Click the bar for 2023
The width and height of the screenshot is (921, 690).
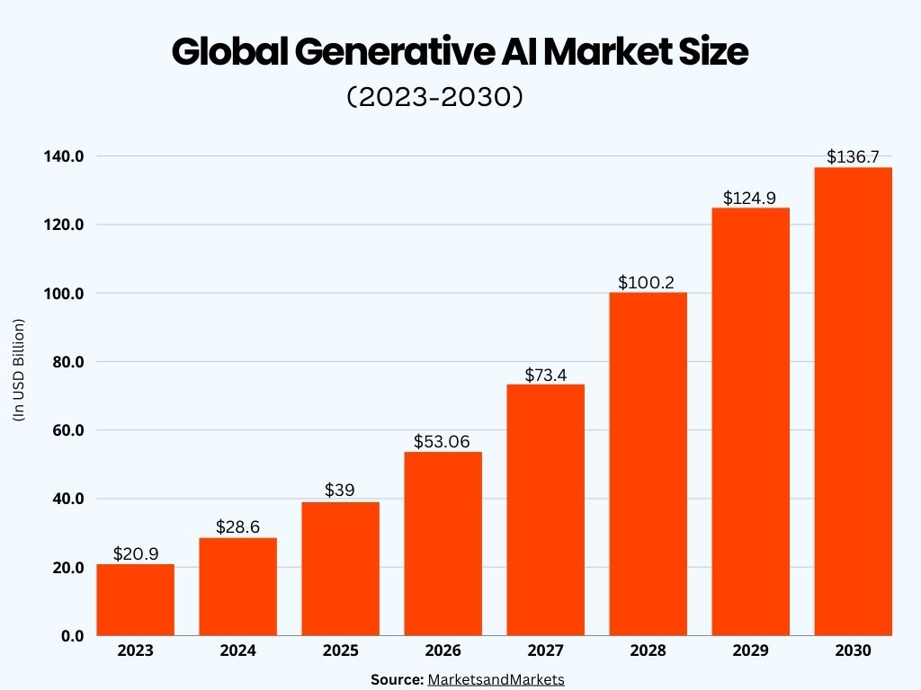pos(135,599)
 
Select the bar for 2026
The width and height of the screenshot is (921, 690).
pos(443,544)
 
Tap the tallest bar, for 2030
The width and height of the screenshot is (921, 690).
pos(853,401)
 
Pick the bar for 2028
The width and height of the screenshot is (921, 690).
pos(648,464)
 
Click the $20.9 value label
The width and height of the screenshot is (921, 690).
pos(136,554)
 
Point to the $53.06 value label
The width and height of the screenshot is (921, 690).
pos(443,441)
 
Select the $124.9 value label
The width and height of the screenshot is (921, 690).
pos(750,198)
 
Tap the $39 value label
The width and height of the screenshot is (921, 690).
pos(340,491)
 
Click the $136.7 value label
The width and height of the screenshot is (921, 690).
pos(853,157)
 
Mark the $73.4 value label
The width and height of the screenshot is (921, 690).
pos(545,374)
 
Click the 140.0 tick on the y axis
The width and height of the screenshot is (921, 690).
pos(63,156)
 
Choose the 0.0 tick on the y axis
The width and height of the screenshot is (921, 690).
pos(72,636)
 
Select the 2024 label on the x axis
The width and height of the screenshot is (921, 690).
pos(237,651)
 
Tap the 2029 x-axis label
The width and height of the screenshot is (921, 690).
pos(750,651)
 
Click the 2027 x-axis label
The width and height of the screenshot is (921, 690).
pos(545,651)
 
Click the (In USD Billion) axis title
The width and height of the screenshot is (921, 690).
pos(19,370)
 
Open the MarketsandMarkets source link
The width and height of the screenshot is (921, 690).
pos(496,679)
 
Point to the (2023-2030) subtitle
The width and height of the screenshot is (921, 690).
pos(434,97)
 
